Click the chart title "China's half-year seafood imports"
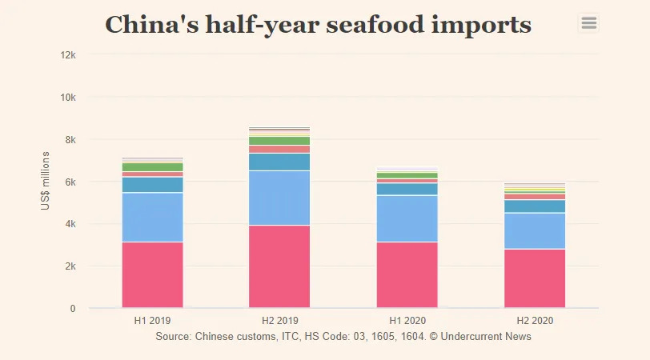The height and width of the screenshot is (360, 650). pyautogui.click(x=319, y=25)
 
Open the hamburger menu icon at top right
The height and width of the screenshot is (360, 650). pyautogui.click(x=589, y=23)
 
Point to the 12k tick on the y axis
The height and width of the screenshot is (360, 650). pyautogui.click(x=68, y=55)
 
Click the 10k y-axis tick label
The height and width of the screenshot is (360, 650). pyautogui.click(x=68, y=98)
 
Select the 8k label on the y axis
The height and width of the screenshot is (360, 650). pyautogui.click(x=70, y=140)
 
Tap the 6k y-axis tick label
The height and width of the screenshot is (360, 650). pyautogui.click(x=70, y=182)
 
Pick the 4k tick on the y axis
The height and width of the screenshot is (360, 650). pyautogui.click(x=70, y=224)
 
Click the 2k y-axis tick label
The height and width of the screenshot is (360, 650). pyautogui.click(x=70, y=266)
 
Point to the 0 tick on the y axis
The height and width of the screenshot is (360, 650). pyautogui.click(x=73, y=309)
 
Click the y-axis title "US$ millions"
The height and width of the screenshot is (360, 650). pyautogui.click(x=46, y=182)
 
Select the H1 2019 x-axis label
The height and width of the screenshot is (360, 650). pyautogui.click(x=152, y=321)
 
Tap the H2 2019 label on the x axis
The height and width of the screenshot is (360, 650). pyautogui.click(x=279, y=321)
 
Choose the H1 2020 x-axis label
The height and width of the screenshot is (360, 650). pyautogui.click(x=407, y=321)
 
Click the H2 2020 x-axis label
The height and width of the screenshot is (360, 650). pyautogui.click(x=534, y=321)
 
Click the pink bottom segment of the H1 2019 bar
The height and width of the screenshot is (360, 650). pyautogui.click(x=152, y=275)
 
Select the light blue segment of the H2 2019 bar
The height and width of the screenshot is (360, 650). pyautogui.click(x=279, y=198)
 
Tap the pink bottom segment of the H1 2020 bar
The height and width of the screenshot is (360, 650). pyautogui.click(x=407, y=275)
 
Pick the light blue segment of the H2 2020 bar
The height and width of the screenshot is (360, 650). pyautogui.click(x=534, y=230)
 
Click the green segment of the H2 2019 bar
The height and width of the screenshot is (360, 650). pyautogui.click(x=279, y=141)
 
